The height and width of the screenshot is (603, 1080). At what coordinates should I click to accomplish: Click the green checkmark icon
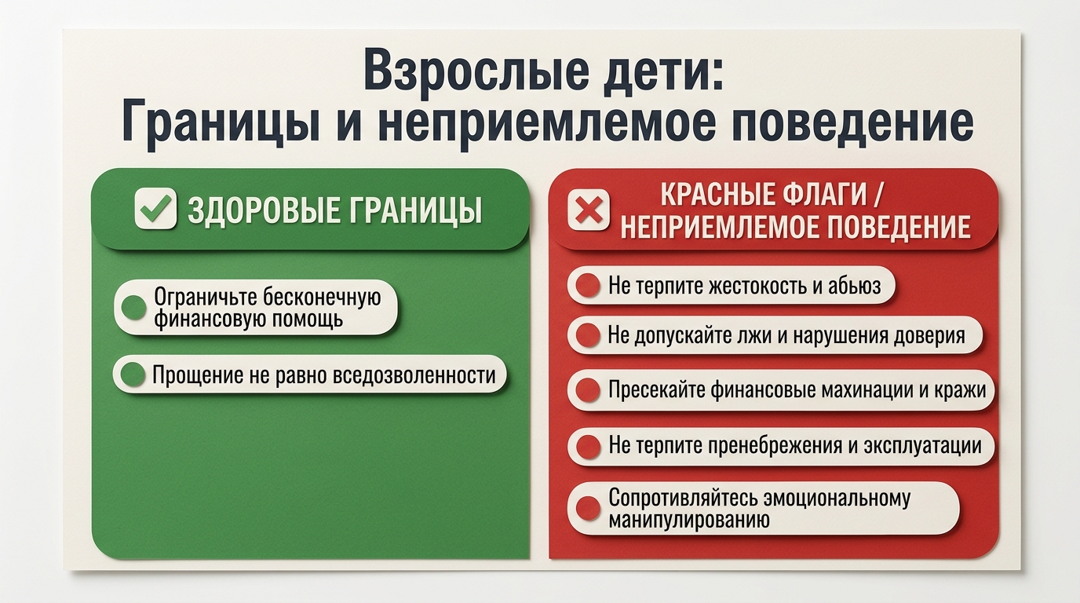click(155, 208)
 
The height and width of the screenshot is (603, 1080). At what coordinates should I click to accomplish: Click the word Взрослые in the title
click(476, 70)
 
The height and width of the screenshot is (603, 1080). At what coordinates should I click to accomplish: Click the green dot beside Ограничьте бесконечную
click(133, 307)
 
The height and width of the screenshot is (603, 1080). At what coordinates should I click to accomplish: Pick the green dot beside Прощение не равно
click(133, 375)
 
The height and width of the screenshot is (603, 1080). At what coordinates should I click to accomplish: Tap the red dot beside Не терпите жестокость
click(588, 285)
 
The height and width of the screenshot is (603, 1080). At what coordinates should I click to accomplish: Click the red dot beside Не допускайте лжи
click(588, 334)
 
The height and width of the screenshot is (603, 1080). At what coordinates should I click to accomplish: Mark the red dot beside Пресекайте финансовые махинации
click(588, 389)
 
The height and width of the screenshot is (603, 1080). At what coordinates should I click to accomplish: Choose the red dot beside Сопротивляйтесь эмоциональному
click(588, 508)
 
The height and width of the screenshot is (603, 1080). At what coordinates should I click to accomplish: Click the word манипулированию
click(689, 520)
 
